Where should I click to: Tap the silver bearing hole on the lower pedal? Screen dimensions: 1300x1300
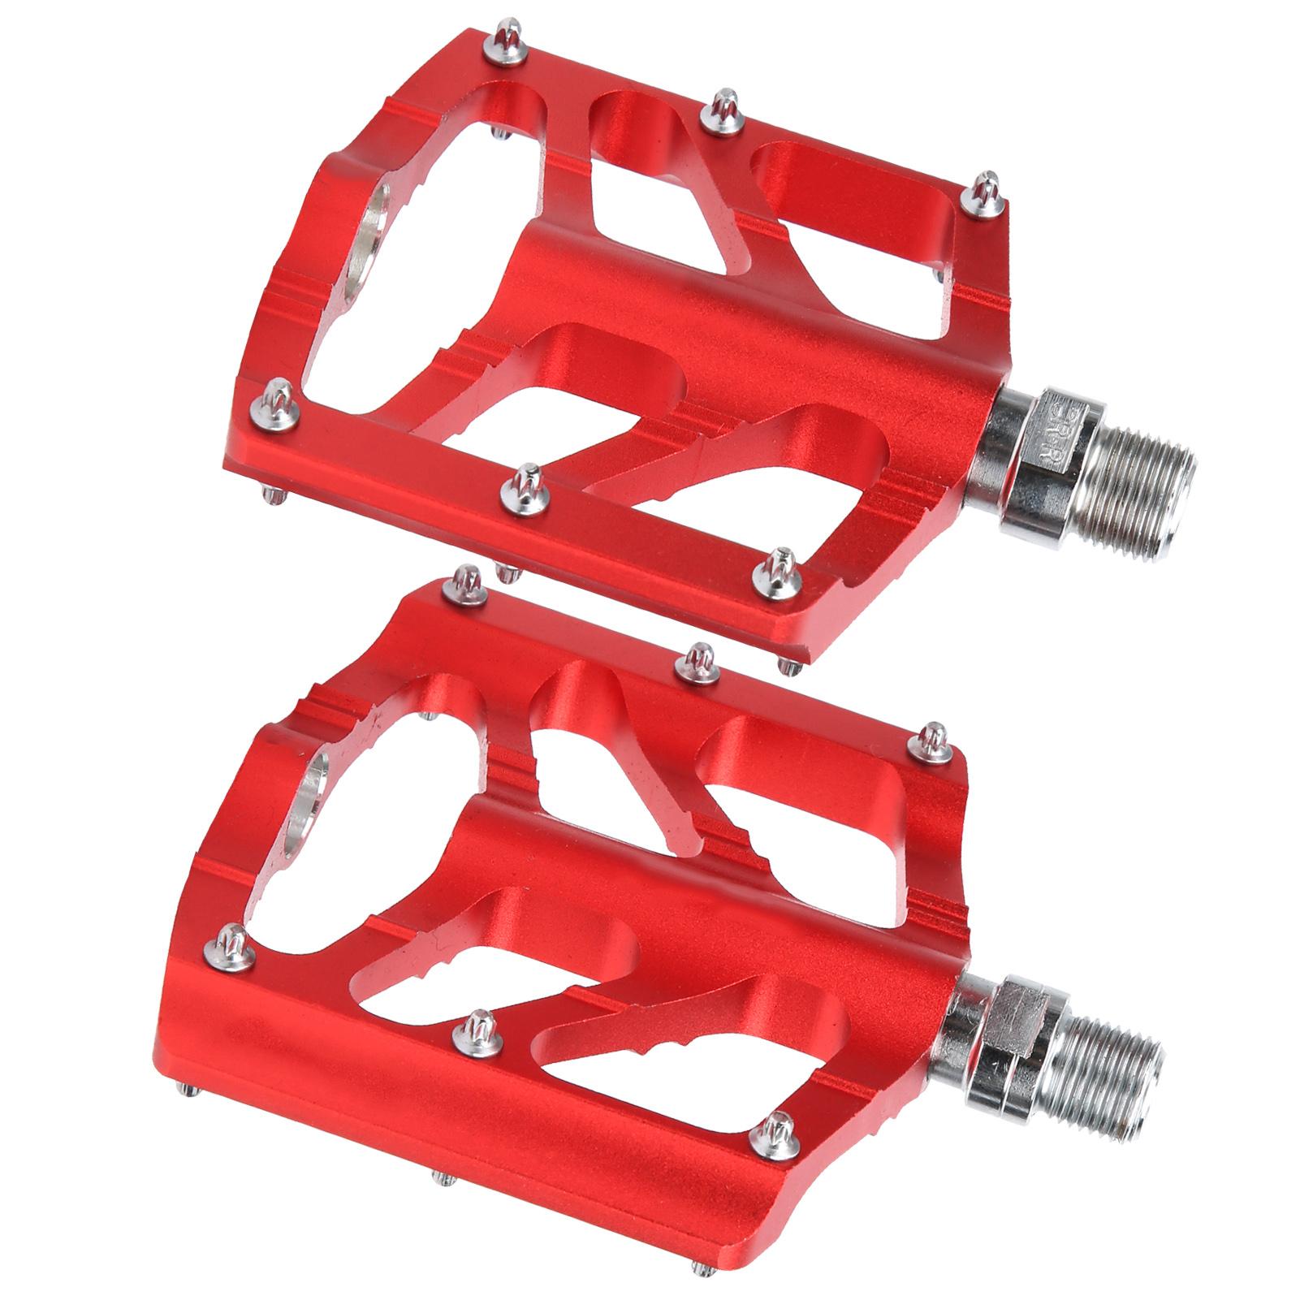(310, 793)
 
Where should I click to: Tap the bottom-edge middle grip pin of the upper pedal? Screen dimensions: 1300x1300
(520, 487)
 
